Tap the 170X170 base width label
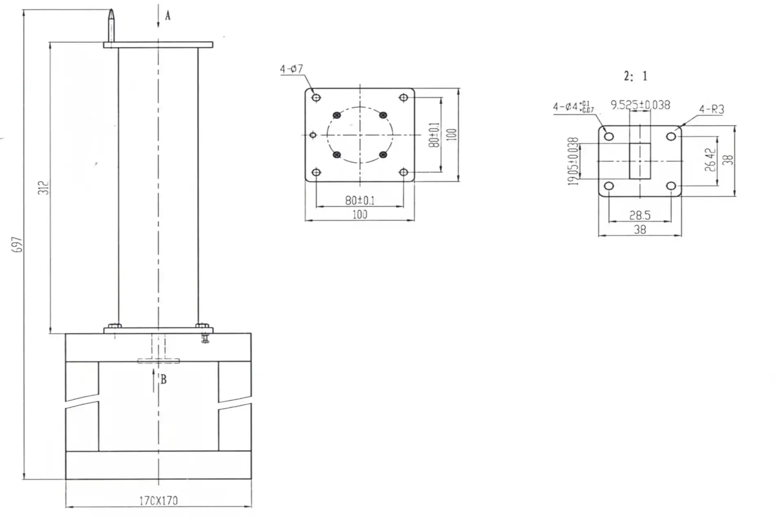[x=159, y=501]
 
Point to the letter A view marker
[x=168, y=16]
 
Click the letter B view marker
[x=164, y=380]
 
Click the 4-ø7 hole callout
[x=291, y=69]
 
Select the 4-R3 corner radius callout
[x=711, y=109]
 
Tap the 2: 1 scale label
[x=635, y=76]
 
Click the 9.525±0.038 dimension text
[x=640, y=105]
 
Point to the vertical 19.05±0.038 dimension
[x=573, y=161]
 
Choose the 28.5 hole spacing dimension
[x=640, y=215]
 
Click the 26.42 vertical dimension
[x=710, y=160]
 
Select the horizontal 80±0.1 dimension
[x=360, y=200]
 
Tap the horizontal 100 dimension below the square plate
[x=360, y=215]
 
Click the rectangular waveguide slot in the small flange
[x=640, y=161]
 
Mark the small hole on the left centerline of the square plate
[x=313, y=135]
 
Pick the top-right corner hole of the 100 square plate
[x=403, y=97]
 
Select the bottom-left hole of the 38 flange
[x=608, y=186]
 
